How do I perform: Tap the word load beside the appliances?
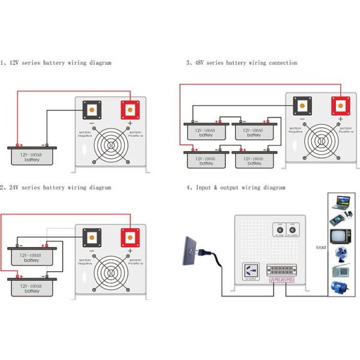[321, 247]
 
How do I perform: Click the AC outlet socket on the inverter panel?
[249, 271]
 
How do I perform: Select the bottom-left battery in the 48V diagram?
[206, 160]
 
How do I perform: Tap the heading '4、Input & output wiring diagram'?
[236, 188]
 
